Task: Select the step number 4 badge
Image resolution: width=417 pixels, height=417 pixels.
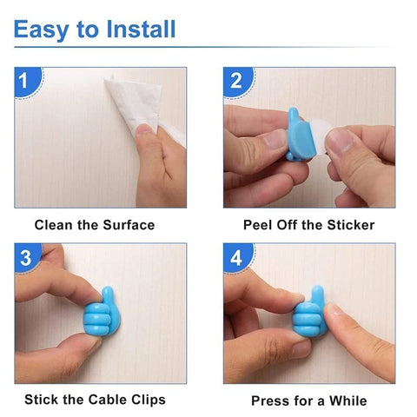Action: [236, 257]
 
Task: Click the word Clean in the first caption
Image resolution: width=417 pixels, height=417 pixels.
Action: [54, 225]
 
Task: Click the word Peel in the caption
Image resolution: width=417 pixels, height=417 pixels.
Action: [260, 225]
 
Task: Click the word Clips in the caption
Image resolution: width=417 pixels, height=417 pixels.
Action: [145, 400]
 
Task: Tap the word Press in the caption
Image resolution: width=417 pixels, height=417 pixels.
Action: [270, 400]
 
